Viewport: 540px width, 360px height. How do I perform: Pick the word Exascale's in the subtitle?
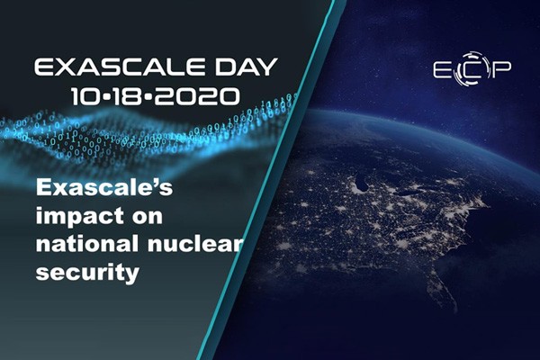click(104, 187)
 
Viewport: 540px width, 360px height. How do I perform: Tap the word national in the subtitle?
click(87, 243)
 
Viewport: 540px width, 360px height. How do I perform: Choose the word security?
click(87, 274)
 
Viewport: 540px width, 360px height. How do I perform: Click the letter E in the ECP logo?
click(442, 70)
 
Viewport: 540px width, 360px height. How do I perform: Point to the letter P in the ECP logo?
click(500, 70)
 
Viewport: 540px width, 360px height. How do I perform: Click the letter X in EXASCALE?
click(64, 67)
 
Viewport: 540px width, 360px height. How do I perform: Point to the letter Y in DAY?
click(267, 67)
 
